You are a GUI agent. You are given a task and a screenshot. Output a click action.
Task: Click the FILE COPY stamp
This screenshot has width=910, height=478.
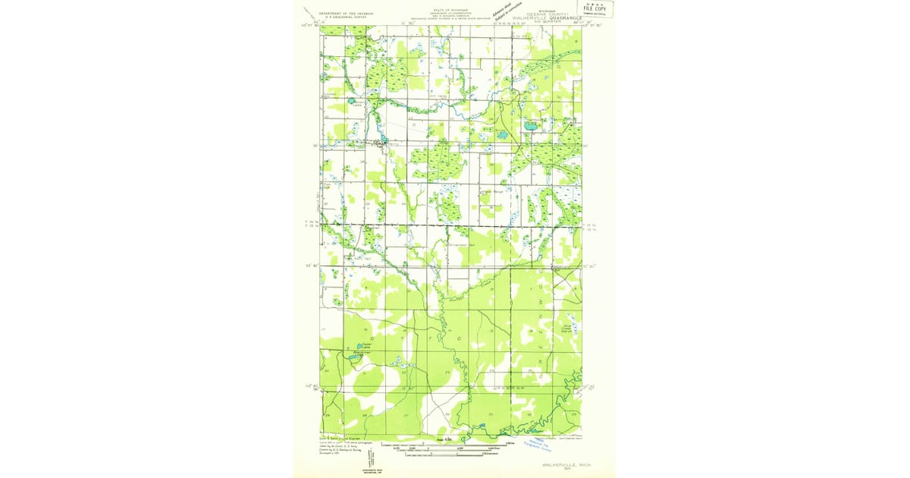click(x=599, y=9)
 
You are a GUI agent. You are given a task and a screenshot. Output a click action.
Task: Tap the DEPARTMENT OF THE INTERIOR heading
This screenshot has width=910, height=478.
click(x=345, y=14)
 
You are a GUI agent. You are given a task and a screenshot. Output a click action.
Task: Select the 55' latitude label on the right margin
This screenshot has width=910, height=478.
click(x=585, y=146)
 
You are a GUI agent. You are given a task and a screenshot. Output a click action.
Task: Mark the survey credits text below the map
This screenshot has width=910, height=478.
click(x=341, y=448)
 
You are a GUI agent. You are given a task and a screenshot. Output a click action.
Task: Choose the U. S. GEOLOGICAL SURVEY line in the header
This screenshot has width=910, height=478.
click(x=345, y=18)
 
